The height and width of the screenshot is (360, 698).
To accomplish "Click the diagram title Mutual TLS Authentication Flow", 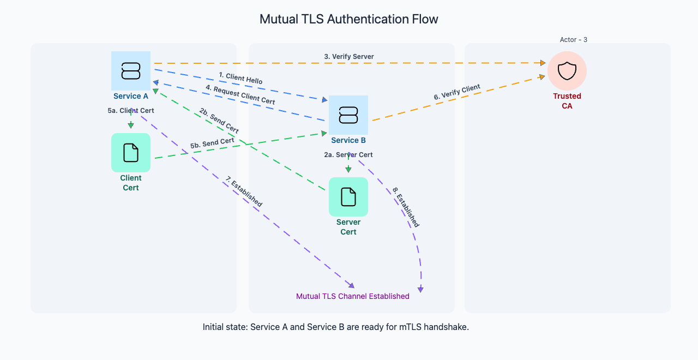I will pos(348,20).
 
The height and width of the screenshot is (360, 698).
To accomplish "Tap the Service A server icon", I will pos(131,71).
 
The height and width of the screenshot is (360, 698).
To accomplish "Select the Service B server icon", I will pos(348,115).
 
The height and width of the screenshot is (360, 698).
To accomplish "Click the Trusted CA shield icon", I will pos(567,71).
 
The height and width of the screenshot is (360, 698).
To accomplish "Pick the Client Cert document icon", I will pos(131,153).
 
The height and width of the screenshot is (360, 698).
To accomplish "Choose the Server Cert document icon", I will pos(348,197).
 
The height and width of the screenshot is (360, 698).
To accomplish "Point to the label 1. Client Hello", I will pos(240,78).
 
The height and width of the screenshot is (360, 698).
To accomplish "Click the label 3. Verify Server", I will pos(349,57).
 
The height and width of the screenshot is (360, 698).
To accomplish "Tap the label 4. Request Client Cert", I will pos(240,95).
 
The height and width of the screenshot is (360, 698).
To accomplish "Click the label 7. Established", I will pos(244,192).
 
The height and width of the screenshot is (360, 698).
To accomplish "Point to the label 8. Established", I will pos(406,207).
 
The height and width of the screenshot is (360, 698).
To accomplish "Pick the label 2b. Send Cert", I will pos(219,121).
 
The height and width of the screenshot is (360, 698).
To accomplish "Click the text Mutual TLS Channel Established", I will pos(352,297).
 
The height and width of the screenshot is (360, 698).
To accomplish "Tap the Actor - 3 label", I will pos(573,40).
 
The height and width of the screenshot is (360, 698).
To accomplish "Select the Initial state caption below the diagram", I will pos(336,327).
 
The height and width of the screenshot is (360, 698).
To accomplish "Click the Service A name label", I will pos(131,97).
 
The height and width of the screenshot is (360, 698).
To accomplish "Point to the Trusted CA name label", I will pos(567,101).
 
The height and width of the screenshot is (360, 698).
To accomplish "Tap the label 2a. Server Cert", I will pos(348,155).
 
